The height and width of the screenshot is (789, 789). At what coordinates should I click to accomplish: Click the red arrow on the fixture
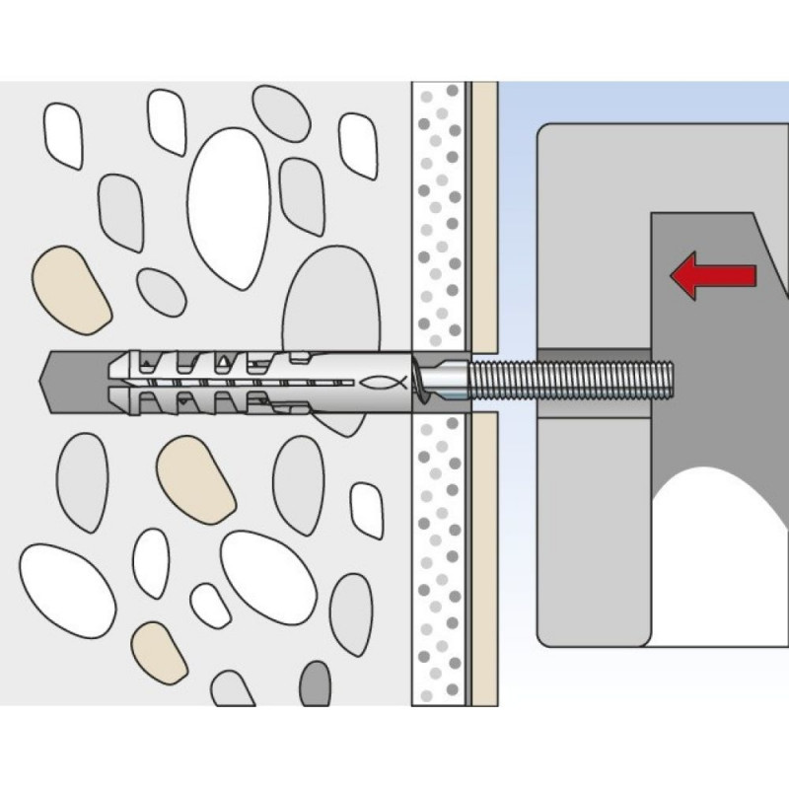coord(712,273)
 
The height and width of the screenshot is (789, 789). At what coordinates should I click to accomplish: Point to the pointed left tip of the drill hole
coord(51,380)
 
